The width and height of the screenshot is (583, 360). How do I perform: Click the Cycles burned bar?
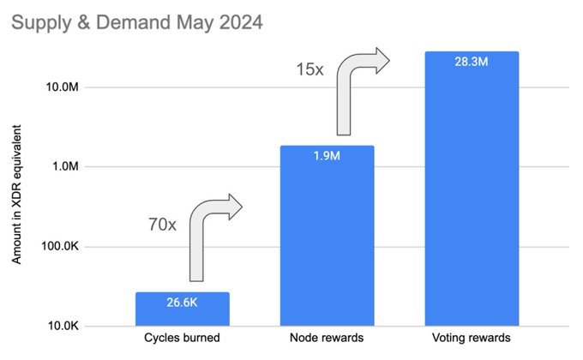pos(182,309)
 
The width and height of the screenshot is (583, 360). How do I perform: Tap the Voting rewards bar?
pos(472,189)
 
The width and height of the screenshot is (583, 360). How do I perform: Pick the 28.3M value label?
pos(472,62)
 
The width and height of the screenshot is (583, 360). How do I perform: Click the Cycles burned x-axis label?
pos(182,339)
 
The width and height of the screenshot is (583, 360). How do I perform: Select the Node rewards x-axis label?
pos(327,339)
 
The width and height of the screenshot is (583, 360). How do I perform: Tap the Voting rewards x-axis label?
pos(472,339)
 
